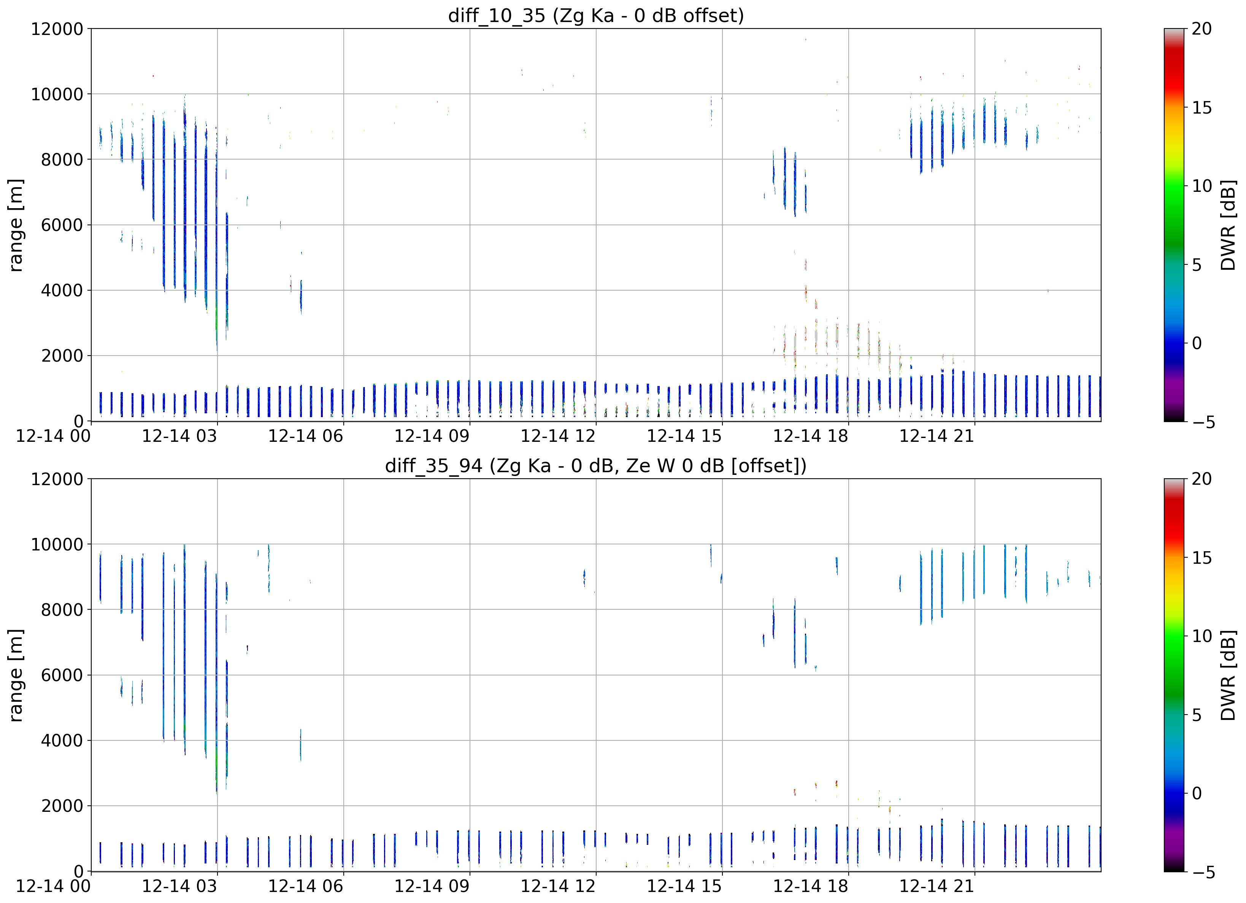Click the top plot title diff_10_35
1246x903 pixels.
(x=497, y=15)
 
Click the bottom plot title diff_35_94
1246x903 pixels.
(x=433, y=465)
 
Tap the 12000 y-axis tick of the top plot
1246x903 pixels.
(x=57, y=28)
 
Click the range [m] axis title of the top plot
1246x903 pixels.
(x=16, y=225)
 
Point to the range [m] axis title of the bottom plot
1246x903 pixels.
(x=16, y=675)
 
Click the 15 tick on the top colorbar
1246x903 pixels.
(x=1202, y=108)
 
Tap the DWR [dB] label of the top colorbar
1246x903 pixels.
(x=1228, y=225)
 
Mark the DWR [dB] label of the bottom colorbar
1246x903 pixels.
(x=1228, y=675)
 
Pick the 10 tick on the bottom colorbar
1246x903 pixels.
(x=1202, y=636)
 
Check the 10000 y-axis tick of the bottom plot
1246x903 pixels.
(x=57, y=544)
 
